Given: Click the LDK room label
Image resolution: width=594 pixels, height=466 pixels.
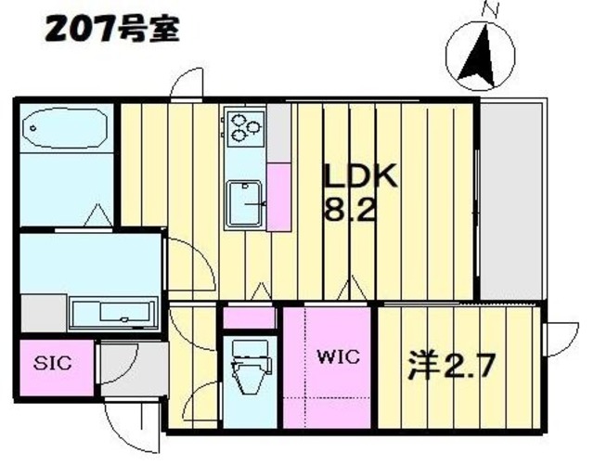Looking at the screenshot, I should (x=360, y=176).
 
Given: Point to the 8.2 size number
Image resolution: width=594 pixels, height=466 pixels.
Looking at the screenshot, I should (x=350, y=210).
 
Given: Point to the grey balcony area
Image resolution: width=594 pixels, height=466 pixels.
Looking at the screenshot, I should (x=509, y=200).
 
